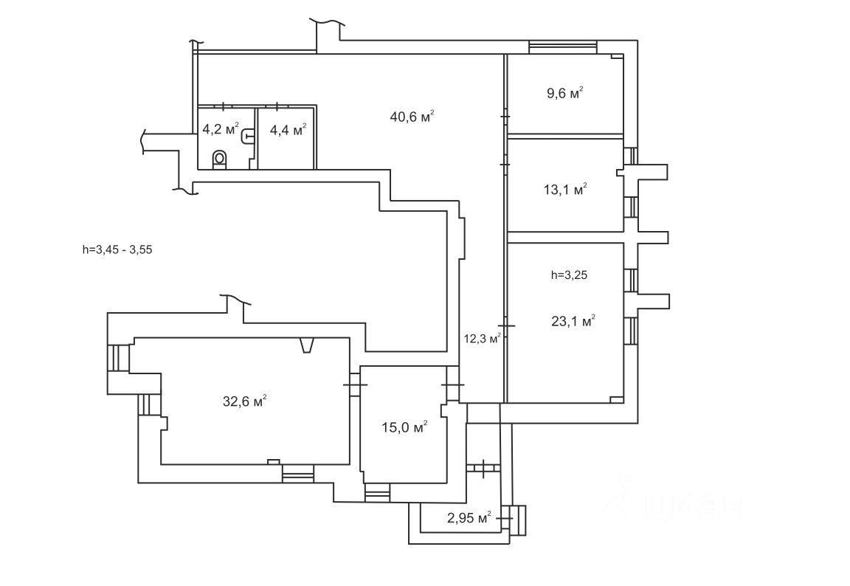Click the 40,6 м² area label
[x=411, y=116]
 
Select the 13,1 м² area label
[x=565, y=190]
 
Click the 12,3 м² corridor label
[x=483, y=339]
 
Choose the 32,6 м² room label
[x=244, y=401]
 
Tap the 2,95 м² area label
[x=469, y=518]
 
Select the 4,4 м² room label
[x=288, y=131]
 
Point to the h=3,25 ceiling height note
[x=569, y=275]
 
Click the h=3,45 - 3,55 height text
[x=117, y=249]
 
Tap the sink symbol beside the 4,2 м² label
[x=249, y=135]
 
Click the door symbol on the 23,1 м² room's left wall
[x=505, y=325]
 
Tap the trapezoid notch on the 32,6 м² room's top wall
[x=307, y=345]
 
